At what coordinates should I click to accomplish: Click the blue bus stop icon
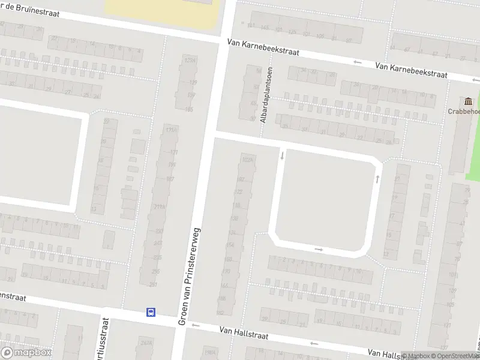tap(151, 312)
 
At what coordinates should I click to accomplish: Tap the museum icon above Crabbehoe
tap(467, 100)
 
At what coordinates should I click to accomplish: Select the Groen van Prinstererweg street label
tap(190, 277)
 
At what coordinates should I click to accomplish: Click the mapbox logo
tap(26, 353)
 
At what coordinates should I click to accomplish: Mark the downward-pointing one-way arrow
tap(282, 156)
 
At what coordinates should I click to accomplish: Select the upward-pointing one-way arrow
tap(377, 178)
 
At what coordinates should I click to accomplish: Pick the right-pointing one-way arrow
tap(319, 249)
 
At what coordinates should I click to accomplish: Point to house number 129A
tap(190, 61)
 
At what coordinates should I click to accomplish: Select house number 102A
tap(247, 160)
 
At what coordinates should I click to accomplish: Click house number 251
tap(153, 284)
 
